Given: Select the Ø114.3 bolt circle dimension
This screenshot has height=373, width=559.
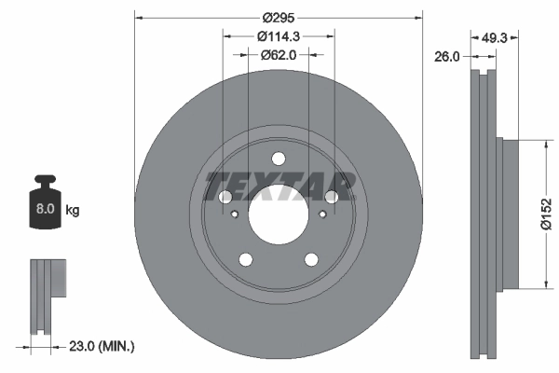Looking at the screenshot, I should [278, 36].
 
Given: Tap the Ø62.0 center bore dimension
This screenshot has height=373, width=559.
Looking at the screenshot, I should [278, 55].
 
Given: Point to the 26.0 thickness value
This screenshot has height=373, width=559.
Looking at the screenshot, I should [447, 57].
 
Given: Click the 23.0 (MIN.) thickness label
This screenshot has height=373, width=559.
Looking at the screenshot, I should [102, 347].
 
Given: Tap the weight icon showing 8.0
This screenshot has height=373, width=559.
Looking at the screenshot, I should [44, 207].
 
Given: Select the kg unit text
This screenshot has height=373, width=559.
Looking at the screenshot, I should [73, 211].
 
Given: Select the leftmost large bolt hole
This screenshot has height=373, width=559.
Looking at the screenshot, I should [225, 197].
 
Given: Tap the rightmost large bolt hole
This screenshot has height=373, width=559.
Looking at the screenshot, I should [331, 197].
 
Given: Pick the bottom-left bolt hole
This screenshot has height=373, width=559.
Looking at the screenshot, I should [245, 259].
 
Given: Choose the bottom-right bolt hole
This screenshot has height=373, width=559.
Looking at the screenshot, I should [310, 259].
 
